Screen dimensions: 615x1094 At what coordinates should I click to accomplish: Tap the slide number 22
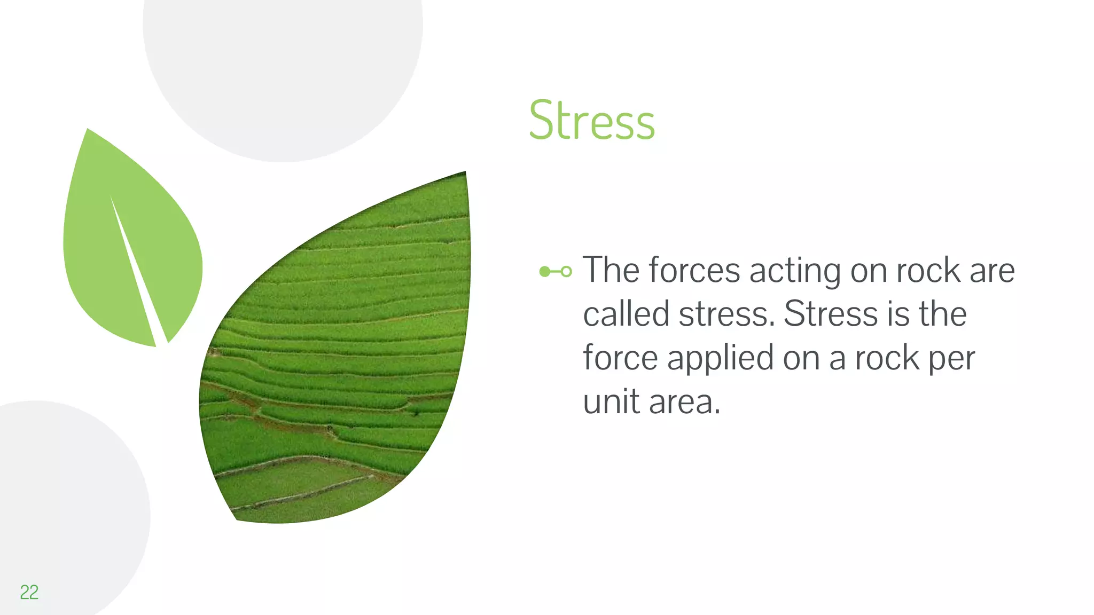coord(29,592)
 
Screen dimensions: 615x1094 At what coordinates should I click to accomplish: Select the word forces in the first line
coord(694,270)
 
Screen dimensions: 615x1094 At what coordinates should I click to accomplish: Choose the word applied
coord(720,359)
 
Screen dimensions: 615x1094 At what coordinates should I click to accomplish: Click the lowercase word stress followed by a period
coord(726,314)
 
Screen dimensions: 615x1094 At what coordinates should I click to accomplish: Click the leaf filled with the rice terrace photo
coord(342,363)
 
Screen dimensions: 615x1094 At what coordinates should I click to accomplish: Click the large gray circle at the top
coord(283,64)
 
